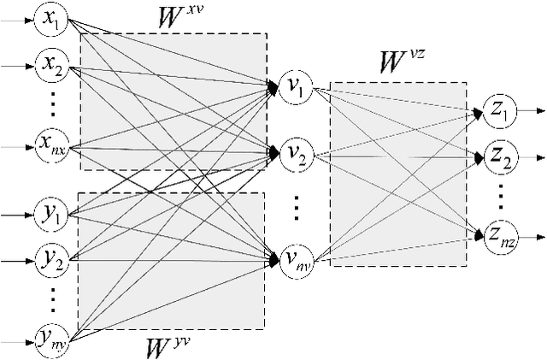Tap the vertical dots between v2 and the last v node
tap(296, 208)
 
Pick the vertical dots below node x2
tap(52, 104)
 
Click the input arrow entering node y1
tap(17, 211)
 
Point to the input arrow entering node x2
tap(17, 62)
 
